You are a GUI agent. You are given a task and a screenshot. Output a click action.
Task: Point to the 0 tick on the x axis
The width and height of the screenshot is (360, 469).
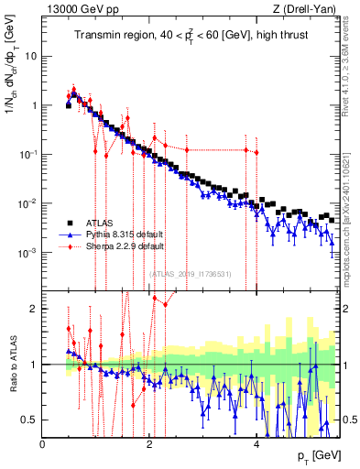43,443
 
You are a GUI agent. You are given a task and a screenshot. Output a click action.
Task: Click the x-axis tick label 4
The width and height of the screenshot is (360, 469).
257,443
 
